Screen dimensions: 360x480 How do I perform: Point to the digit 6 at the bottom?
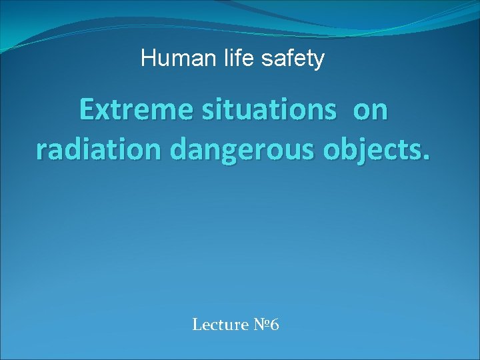275,325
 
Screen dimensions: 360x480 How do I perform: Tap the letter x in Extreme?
102,113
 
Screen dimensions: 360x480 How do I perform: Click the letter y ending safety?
319,61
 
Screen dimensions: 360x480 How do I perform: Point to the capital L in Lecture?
197,325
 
